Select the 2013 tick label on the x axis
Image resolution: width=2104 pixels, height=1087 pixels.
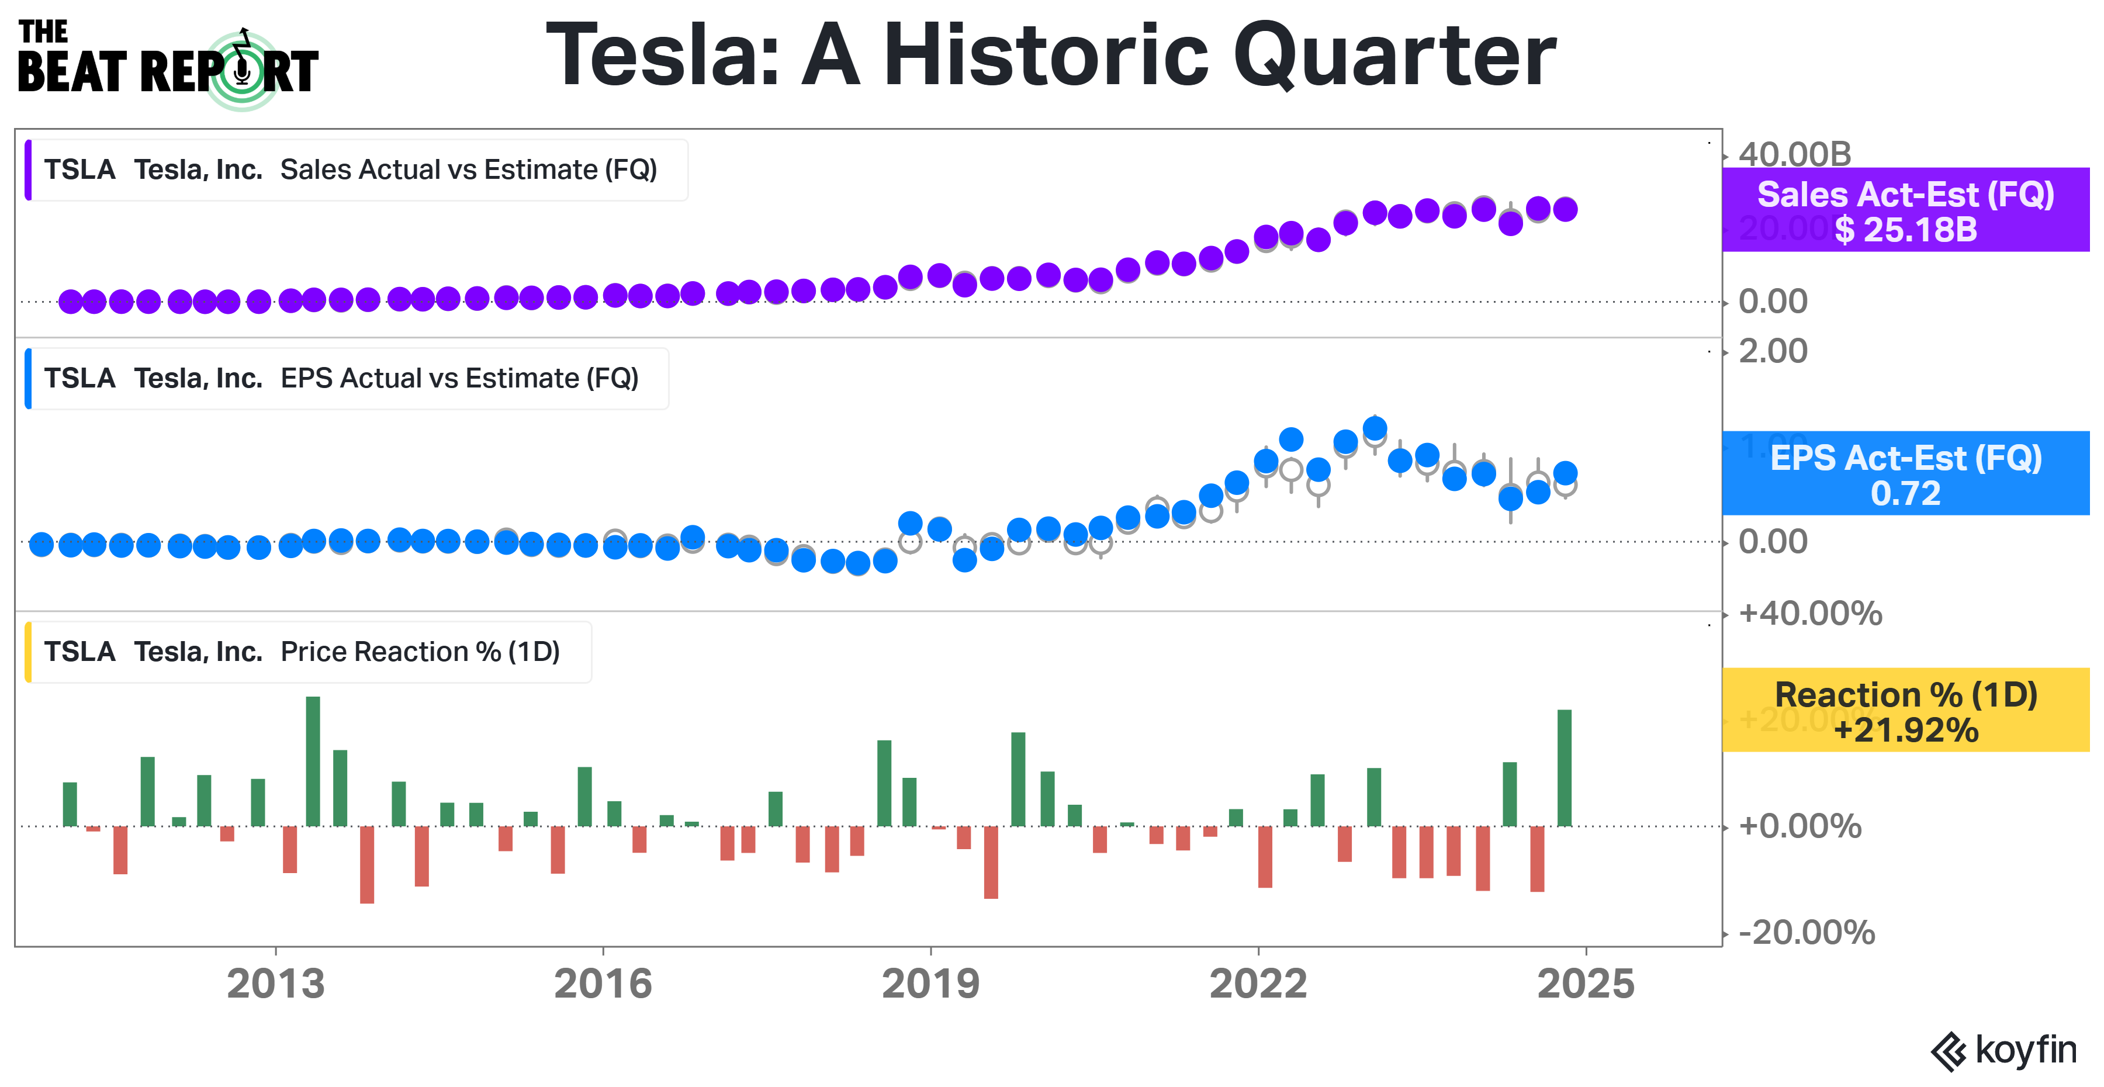coord(275,984)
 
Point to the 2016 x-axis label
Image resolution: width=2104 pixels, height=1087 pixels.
coord(603,984)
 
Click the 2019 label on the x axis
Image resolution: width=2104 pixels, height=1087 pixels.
coord(930,984)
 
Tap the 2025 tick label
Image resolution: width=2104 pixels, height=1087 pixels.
coord(1586,984)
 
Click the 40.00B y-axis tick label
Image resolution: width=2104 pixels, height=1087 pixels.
coord(1794,154)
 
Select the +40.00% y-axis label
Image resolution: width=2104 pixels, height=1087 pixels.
coord(1810,613)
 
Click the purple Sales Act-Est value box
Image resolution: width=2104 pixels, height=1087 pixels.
coord(1905,211)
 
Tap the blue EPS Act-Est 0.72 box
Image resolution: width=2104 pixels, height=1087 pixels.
coord(1905,474)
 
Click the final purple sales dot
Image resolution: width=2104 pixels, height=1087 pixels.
coord(1565,209)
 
